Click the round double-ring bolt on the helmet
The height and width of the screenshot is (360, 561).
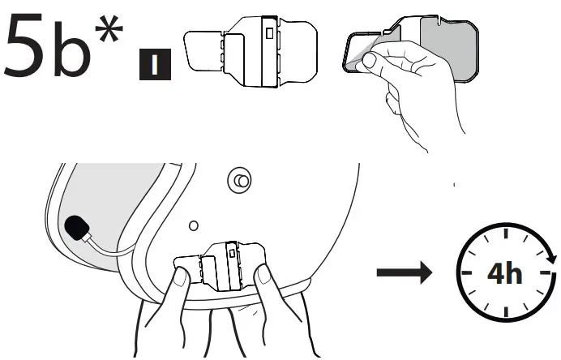click(239, 180)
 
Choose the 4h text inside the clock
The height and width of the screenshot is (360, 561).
click(504, 274)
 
